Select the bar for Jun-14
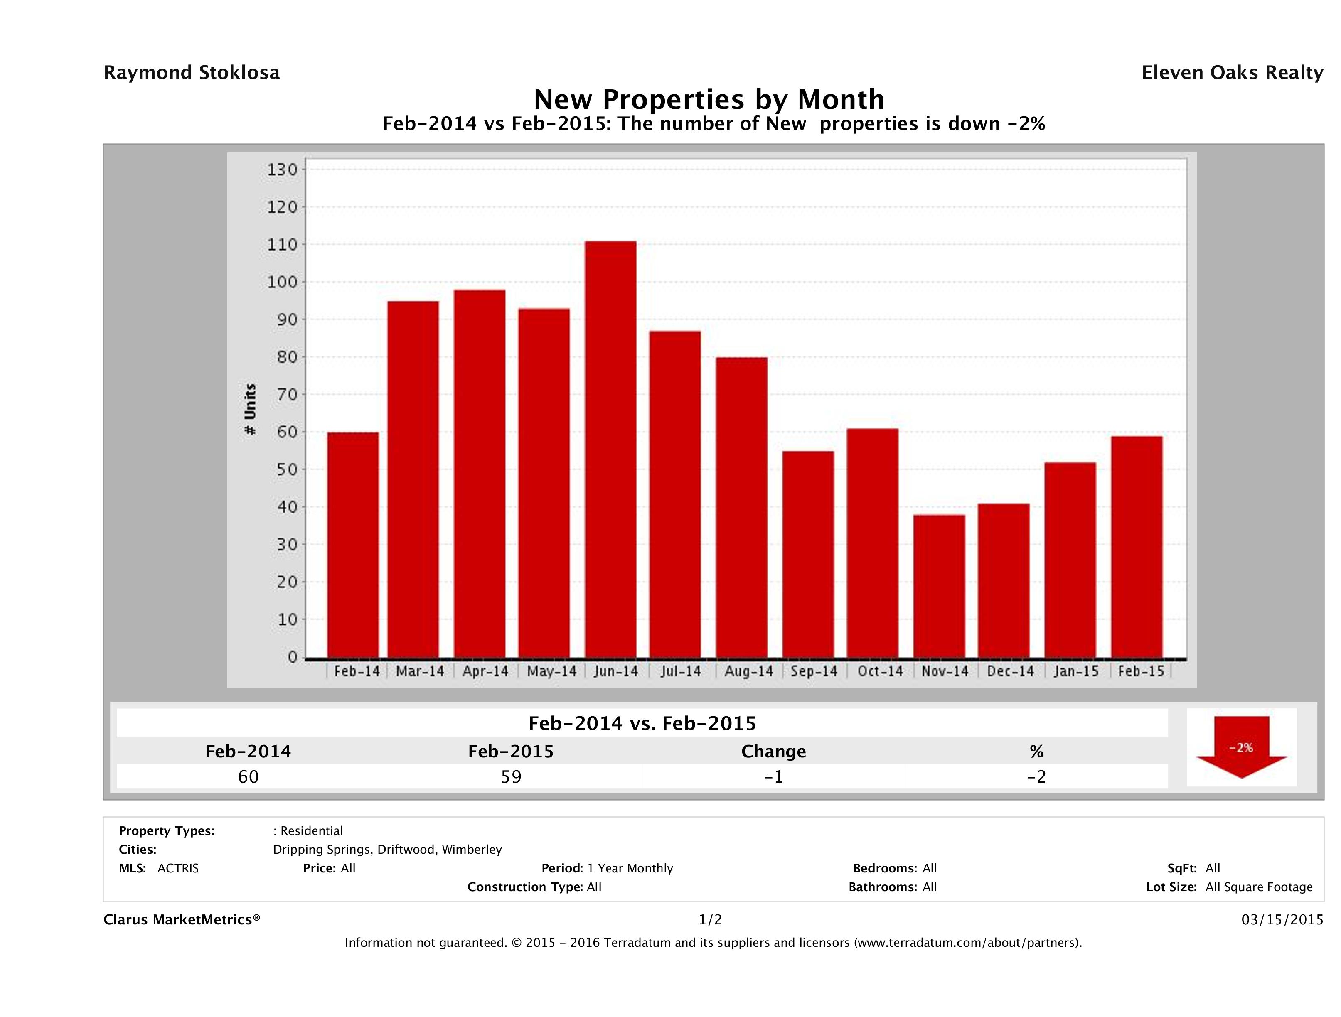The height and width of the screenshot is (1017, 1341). [x=610, y=449]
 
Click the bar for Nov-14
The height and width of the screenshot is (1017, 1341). [x=939, y=586]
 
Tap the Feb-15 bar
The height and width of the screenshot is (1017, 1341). [x=1137, y=547]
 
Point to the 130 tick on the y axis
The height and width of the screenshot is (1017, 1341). [x=283, y=169]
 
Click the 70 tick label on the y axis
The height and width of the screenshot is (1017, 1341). [x=283, y=395]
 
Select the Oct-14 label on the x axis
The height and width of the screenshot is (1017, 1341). [x=880, y=671]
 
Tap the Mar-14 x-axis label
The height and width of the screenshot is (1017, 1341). [x=420, y=671]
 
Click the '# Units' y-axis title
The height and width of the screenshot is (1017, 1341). [x=250, y=410]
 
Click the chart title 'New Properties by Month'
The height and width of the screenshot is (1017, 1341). [x=709, y=99]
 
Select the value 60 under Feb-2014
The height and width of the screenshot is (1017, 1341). [x=248, y=776]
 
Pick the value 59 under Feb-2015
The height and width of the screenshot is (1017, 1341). [x=511, y=776]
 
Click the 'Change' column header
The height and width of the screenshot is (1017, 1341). [x=774, y=752]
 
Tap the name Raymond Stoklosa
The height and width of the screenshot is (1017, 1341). [x=192, y=73]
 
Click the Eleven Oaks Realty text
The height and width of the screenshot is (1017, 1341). [x=1232, y=73]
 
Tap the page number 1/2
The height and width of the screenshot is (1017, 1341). [x=710, y=919]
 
